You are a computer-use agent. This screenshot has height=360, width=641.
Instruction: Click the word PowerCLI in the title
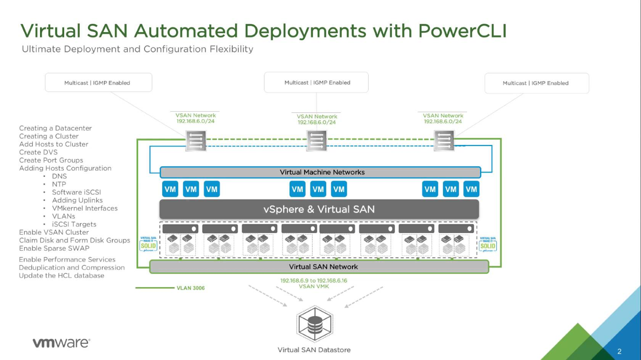tap(462, 31)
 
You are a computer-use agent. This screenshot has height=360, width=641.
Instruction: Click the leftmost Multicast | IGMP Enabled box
tap(98, 82)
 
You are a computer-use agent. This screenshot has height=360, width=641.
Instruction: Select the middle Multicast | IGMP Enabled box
tap(316, 82)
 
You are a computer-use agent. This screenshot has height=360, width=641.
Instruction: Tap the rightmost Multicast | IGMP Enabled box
tap(536, 83)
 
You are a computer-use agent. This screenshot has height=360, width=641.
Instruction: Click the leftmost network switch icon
tap(196, 141)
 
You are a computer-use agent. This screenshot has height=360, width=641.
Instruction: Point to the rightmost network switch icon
tap(444, 141)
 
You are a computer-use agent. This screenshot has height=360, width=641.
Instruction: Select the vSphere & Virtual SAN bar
tap(319, 209)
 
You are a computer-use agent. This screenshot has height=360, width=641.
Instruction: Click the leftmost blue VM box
tap(170, 189)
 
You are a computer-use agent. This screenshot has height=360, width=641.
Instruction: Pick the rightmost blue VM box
tap(471, 189)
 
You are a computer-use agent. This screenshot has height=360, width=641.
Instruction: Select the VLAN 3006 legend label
tap(190, 288)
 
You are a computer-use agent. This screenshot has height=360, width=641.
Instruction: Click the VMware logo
tap(61, 343)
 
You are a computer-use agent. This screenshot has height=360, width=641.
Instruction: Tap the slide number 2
tap(619, 351)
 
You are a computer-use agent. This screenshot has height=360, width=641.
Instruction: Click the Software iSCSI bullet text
tap(76, 192)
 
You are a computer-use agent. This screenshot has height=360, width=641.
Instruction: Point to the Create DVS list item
tap(38, 152)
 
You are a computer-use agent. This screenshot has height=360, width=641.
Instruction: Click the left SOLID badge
tap(148, 245)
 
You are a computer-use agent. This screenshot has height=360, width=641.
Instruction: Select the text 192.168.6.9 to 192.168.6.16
tap(313, 280)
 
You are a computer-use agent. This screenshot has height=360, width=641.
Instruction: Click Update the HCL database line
tap(61, 276)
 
